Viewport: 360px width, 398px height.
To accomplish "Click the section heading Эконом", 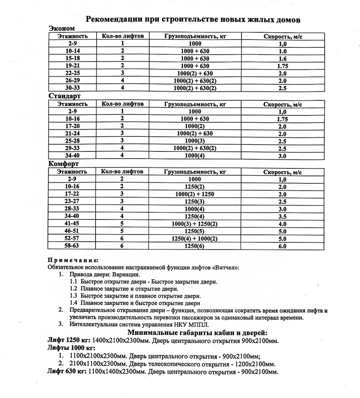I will coord(62,28).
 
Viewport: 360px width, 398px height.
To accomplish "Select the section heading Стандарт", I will coord(64,96).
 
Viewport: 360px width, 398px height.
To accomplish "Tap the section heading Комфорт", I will coord(63,164).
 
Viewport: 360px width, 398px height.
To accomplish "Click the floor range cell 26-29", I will coord(72,81).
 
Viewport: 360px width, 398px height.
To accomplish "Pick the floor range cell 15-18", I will coord(72,59).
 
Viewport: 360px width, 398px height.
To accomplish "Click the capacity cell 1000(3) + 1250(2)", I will coord(195,224).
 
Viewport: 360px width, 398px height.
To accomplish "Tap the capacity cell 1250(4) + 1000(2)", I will coord(195,239).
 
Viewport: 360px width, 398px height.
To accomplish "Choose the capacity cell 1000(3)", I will coord(195,141).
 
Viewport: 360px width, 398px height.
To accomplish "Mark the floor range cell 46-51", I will coord(72,231).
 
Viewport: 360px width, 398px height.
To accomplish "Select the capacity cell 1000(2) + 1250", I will coord(195,194).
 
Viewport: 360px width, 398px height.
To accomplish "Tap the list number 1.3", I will coord(74,296).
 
